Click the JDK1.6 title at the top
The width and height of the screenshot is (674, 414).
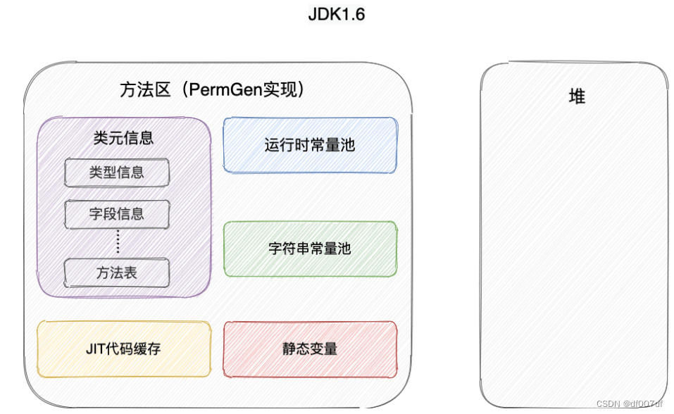(x=337, y=15)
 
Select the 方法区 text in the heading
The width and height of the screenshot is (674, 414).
(x=145, y=90)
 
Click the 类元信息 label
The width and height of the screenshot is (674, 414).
(x=123, y=138)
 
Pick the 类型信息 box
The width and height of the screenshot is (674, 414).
(x=117, y=172)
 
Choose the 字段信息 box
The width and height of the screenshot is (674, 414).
(x=117, y=214)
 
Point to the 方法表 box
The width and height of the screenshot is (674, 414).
(x=117, y=273)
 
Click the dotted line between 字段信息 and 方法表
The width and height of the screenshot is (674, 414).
(x=118, y=243)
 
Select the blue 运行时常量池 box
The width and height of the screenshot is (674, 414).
(x=310, y=145)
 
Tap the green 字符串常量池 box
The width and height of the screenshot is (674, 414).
(x=310, y=249)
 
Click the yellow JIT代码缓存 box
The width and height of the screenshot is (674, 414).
(x=123, y=349)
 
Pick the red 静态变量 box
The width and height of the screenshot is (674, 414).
(x=310, y=349)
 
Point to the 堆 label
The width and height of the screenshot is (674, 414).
(x=577, y=97)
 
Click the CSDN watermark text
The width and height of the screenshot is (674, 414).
(x=608, y=403)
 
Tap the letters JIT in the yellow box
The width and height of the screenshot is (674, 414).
(x=95, y=349)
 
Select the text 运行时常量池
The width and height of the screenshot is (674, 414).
(x=310, y=146)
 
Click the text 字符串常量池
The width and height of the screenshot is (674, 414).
(x=310, y=249)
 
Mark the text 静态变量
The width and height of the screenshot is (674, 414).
(x=310, y=349)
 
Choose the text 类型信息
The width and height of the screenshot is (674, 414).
(x=117, y=172)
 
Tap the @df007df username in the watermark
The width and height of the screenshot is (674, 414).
(x=643, y=403)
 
